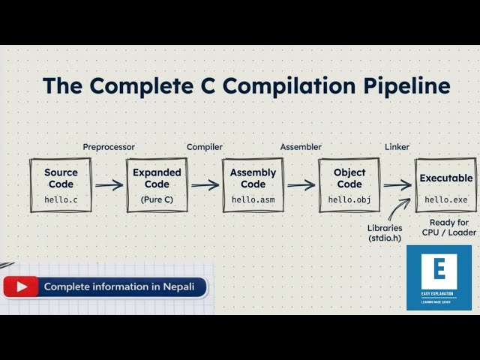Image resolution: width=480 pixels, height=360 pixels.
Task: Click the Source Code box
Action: [61, 184]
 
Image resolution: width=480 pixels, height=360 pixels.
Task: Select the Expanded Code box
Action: [157, 184]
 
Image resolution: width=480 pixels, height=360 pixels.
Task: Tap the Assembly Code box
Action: [253, 184]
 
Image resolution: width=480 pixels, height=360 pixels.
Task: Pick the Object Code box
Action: [349, 184]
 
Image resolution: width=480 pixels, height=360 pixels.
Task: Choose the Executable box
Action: [445, 184]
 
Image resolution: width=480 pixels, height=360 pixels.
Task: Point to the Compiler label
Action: [204, 147]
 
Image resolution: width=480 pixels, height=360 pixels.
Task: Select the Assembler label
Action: [301, 147]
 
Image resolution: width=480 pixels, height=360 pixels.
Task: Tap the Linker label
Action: [397, 147]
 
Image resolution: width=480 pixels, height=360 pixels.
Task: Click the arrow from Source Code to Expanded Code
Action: [109, 184]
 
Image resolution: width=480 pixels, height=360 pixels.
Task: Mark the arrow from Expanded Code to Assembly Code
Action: [205, 184]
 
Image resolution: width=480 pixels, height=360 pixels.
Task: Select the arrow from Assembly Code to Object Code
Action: [301, 184]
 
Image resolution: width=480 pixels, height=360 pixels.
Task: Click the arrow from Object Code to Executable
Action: [397, 185]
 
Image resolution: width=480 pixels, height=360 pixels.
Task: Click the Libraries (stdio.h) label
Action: [385, 232]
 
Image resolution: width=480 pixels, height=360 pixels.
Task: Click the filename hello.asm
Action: [253, 200]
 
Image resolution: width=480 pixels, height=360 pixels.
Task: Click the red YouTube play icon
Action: [22, 286]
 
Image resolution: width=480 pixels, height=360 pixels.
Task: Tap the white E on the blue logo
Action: [439, 268]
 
